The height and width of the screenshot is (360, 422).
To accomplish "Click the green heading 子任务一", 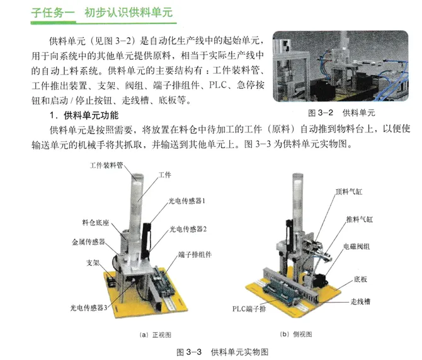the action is point(53,13).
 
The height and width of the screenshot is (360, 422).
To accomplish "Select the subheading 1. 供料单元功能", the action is point(84,115).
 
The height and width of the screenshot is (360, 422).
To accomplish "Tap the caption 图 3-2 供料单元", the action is point(341,113).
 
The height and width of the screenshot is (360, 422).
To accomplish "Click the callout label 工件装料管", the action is point(106,165).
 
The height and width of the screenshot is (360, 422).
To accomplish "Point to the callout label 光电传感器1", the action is point(187,200).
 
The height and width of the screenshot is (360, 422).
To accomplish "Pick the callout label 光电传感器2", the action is point(188,229).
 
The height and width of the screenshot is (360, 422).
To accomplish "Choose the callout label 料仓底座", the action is point(96,223).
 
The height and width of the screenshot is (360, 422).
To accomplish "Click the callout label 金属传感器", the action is point(88,241).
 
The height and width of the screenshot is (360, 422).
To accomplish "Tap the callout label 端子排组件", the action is point(195,255).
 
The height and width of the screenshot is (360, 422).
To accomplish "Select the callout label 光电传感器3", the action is point(89,308).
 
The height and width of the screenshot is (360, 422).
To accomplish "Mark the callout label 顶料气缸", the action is point(349,192).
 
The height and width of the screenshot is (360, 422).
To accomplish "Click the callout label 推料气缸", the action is point(360,219).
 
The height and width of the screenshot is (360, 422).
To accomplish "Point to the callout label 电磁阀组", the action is point(356,247).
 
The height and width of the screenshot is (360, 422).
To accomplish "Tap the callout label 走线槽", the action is point(360,301).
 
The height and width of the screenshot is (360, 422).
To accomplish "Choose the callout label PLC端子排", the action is point(249,309).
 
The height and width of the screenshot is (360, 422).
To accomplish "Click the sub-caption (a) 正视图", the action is point(156,335).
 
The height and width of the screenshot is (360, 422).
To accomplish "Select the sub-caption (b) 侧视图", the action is point(296,334).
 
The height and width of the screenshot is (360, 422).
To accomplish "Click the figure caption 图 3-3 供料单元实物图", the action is point(222,352).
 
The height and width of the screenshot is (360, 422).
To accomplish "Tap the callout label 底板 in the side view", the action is point(360,279).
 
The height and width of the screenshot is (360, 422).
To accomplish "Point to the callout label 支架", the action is point(93,263).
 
